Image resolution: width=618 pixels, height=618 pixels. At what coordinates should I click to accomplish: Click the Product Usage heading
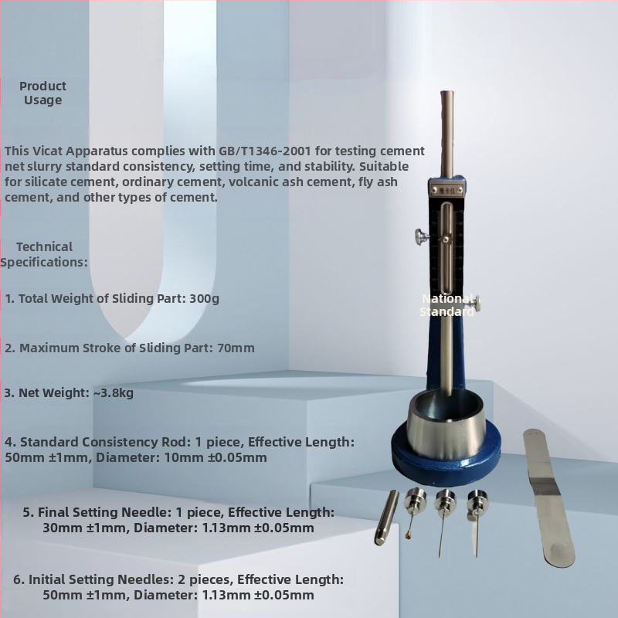point(42,93)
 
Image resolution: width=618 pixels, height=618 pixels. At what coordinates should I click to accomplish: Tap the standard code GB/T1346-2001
point(265,151)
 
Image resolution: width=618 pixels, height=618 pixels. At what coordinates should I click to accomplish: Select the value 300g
point(204,299)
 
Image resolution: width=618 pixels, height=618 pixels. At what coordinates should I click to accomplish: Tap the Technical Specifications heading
point(44,255)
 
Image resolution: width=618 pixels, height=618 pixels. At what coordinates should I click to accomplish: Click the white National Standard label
point(447,305)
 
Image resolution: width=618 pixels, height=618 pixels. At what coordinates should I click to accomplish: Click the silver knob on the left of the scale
point(422,236)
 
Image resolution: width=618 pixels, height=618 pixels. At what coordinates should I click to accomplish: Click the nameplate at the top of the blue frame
point(447,190)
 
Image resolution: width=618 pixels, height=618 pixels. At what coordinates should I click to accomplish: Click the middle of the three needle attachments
point(444,520)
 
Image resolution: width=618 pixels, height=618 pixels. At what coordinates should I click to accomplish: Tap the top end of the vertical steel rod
point(447,93)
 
